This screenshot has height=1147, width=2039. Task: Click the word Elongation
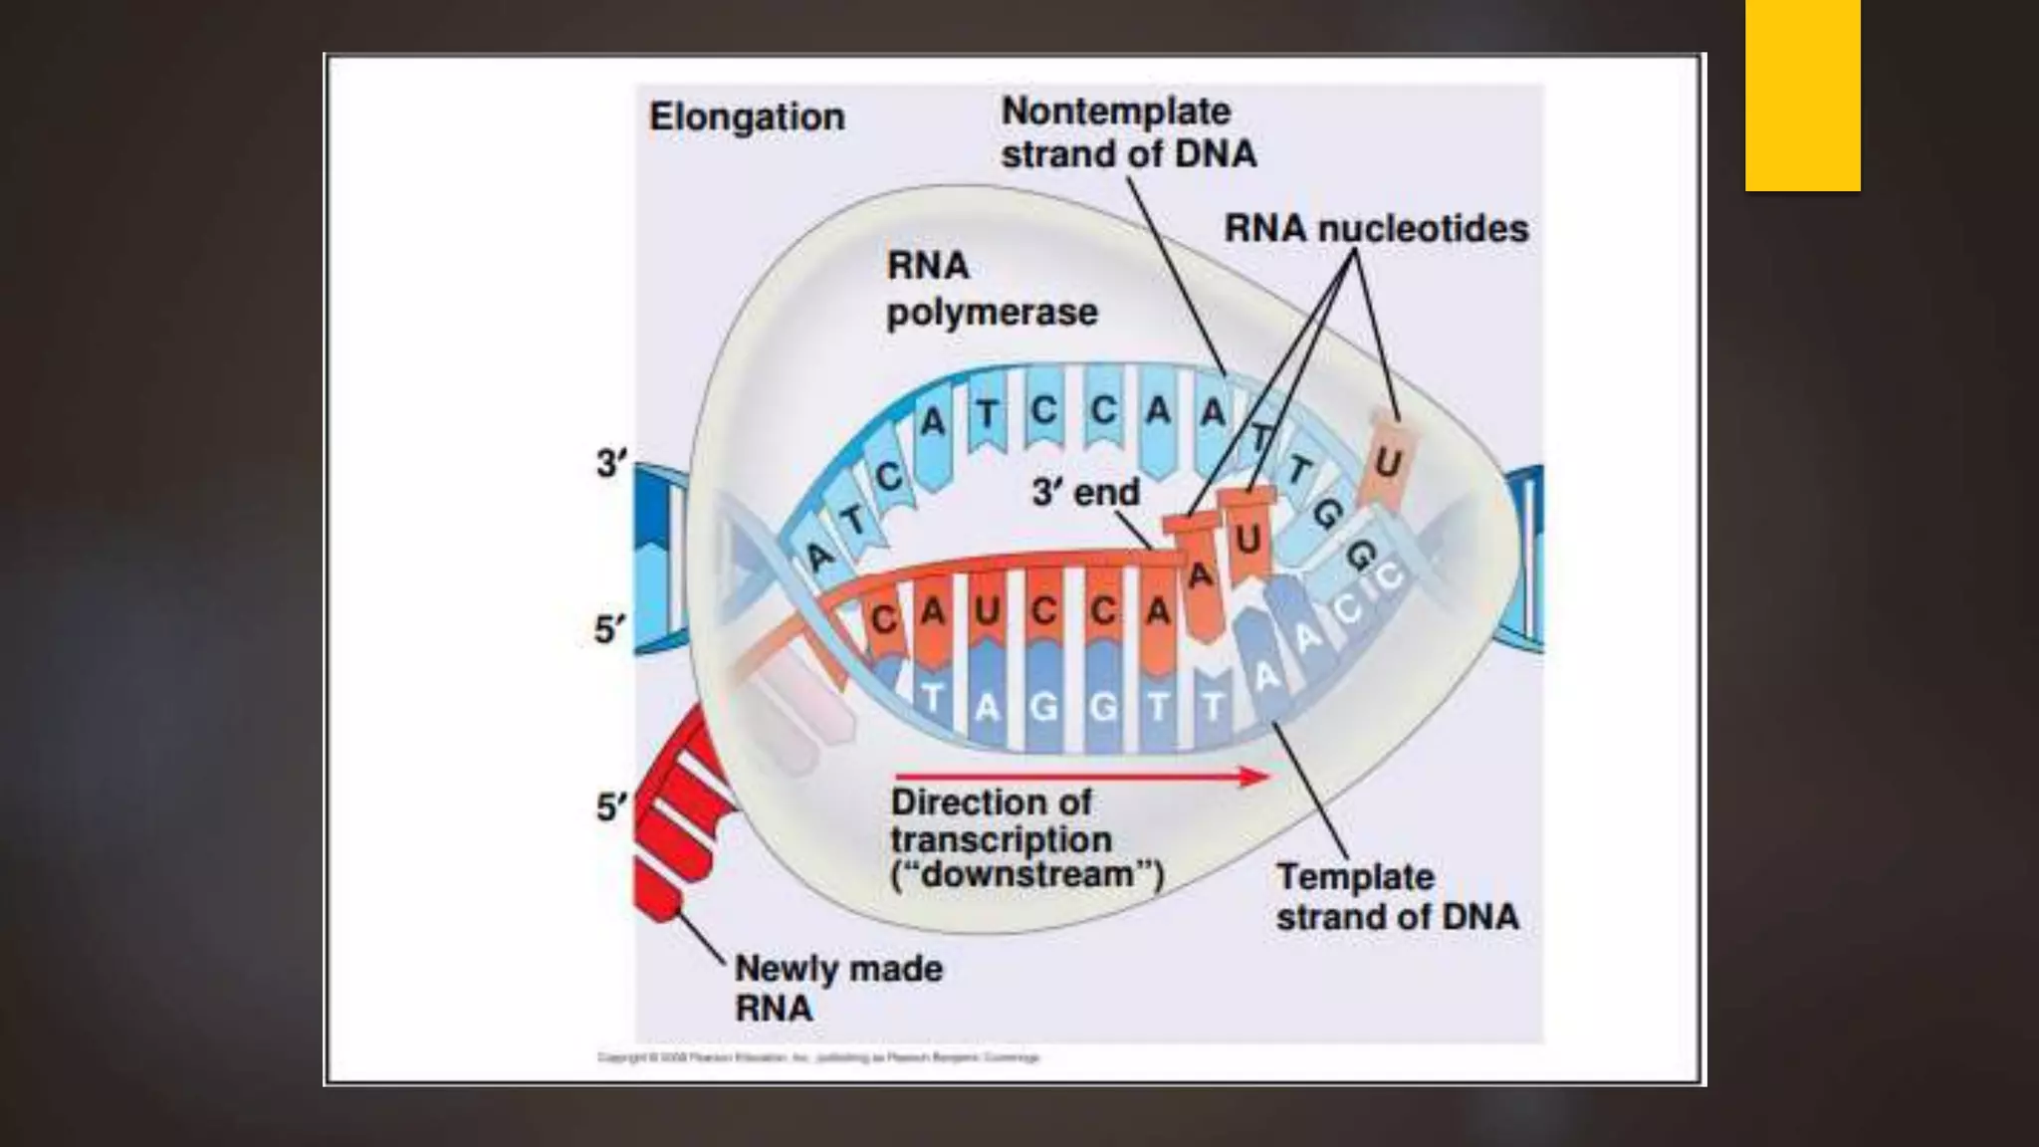click(747, 117)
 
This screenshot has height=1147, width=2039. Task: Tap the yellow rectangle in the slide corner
click(1802, 96)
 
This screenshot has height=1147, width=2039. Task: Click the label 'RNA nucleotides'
click(1376, 229)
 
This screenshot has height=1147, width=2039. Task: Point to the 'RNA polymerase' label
click(991, 289)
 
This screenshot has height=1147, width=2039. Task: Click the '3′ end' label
click(1085, 492)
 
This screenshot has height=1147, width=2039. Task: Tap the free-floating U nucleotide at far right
click(1388, 462)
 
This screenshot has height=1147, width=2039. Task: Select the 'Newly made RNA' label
click(837, 988)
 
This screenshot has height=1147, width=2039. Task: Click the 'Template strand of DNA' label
click(1397, 896)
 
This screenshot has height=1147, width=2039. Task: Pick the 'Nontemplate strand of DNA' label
click(1128, 132)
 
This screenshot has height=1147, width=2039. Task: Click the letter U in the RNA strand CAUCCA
click(987, 610)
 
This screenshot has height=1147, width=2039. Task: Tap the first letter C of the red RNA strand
click(882, 620)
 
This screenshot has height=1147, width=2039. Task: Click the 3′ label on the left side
click(611, 463)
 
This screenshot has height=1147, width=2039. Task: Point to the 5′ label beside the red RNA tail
click(611, 806)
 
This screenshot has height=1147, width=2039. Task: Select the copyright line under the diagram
click(818, 1057)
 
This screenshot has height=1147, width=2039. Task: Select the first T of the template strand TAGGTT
click(931, 697)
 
